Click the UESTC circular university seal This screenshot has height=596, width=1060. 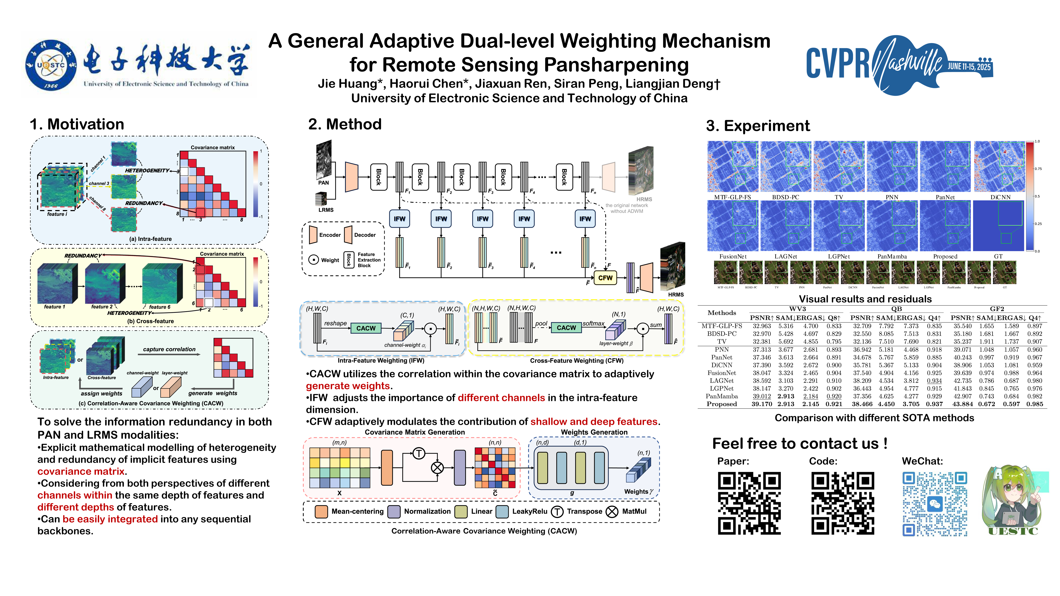(x=51, y=65)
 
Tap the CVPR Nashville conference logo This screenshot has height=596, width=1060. (x=899, y=65)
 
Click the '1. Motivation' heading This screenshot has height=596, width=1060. (x=77, y=124)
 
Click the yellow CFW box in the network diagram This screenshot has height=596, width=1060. (x=605, y=278)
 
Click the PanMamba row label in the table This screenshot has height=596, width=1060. (x=721, y=396)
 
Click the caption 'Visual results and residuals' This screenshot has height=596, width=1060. (x=865, y=299)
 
